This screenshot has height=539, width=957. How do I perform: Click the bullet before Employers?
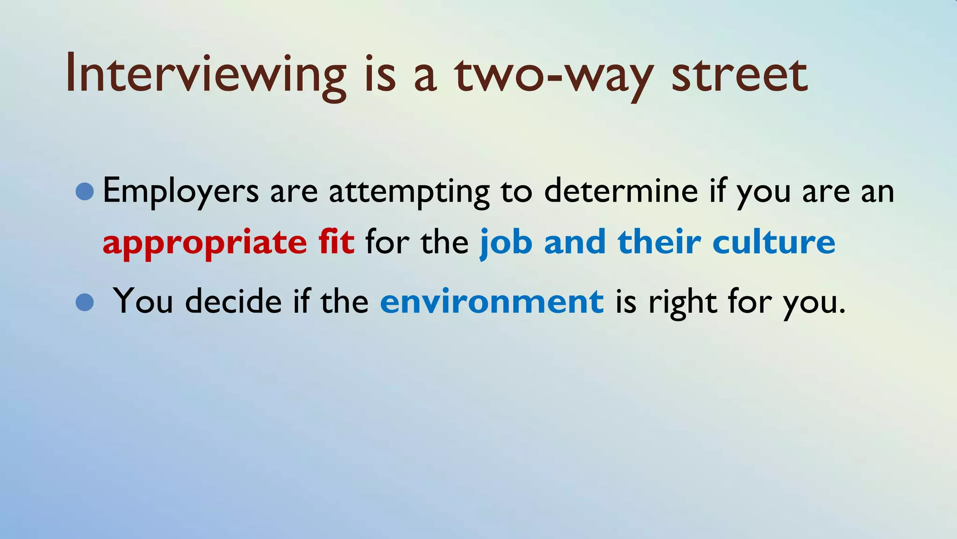tap(85, 191)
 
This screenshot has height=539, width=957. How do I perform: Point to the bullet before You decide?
tap(85, 302)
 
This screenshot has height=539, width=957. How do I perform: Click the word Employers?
tap(180, 191)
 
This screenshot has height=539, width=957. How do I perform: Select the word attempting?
tap(409, 191)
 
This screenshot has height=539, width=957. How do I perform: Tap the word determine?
tap(621, 190)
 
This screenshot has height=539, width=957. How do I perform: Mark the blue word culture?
tap(773, 242)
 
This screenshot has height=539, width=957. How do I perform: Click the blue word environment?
tap(492, 302)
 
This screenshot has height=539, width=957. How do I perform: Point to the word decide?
tap(233, 301)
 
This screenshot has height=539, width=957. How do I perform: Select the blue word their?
tap(659, 242)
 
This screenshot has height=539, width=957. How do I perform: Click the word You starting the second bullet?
tap(143, 301)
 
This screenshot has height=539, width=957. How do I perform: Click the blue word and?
tap(575, 242)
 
